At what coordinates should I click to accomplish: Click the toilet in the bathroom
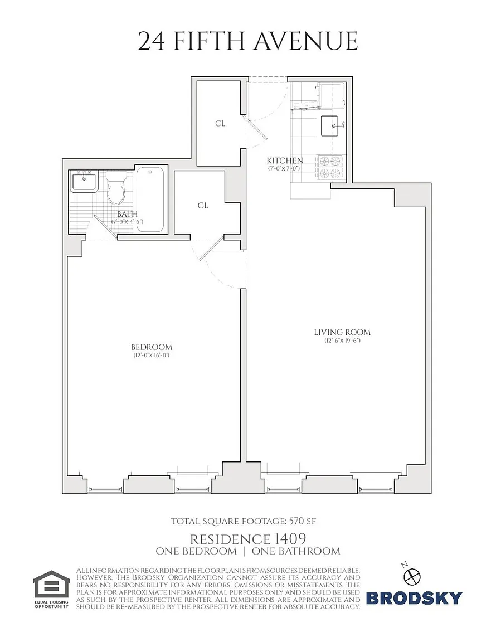(x=115, y=187)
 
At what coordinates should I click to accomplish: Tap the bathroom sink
(x=84, y=181)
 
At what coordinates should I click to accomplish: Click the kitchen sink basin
(x=332, y=125)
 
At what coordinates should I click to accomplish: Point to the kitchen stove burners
(x=330, y=167)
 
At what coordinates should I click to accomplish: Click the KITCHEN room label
(x=285, y=160)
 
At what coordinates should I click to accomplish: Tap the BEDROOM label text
(x=152, y=347)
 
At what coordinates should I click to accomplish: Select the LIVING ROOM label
(x=342, y=333)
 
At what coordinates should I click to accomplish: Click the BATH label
(x=128, y=214)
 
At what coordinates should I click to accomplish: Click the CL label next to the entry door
(x=220, y=123)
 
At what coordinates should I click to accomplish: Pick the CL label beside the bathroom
(x=203, y=206)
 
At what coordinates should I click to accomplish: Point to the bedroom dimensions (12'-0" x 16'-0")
(x=151, y=355)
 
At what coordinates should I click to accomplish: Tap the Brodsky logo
(x=414, y=598)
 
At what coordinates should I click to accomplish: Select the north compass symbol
(x=412, y=576)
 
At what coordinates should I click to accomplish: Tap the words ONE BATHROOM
(x=296, y=551)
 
